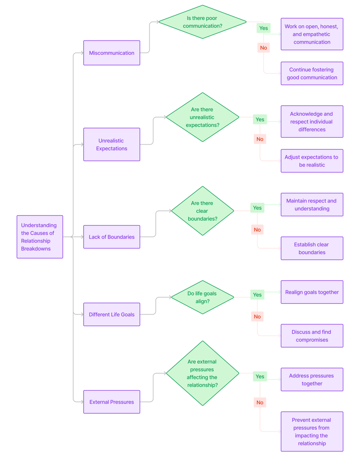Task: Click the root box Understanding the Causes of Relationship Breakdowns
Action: tap(40, 237)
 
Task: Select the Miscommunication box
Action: tap(112, 53)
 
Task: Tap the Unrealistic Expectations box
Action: tap(112, 144)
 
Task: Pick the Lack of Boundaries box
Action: tap(112, 237)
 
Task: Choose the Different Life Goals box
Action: tap(112, 314)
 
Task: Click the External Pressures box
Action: tap(112, 402)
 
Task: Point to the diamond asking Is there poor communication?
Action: tap(203, 22)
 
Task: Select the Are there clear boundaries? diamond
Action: tap(203, 211)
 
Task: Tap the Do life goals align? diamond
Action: tap(203, 297)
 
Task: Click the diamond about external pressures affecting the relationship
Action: tap(203, 373)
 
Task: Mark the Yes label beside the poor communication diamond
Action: tap(263, 28)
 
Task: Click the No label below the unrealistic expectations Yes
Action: tap(260, 139)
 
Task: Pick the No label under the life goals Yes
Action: tap(257, 316)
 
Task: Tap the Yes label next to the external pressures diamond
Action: tap(260, 376)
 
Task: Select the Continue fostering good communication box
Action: tap(312, 73)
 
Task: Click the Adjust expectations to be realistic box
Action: tap(312, 161)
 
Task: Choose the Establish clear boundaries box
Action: tap(312, 249)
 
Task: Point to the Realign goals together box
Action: tap(312, 292)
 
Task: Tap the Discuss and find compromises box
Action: tap(312, 336)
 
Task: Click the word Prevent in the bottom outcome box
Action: tap(301, 420)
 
